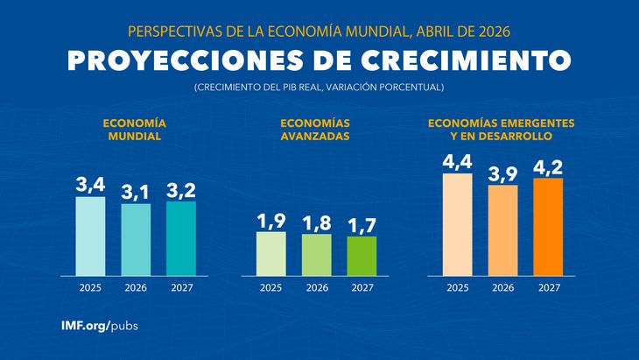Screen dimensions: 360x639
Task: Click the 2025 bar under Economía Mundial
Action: pos(90,236)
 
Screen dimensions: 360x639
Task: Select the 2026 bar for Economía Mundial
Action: pos(136,239)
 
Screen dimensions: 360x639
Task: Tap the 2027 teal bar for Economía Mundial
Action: pos(181,238)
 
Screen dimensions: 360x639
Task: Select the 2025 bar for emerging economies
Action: pos(457,224)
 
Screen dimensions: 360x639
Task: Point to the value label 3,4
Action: pos(90,185)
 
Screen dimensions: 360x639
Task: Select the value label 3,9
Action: pos(502,173)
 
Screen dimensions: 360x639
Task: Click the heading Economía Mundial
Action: pos(135,131)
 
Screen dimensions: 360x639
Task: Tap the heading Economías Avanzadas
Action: pos(316,131)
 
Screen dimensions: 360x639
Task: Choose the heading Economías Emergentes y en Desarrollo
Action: pos(502,131)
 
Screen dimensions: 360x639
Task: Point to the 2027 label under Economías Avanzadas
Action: pos(362,287)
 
